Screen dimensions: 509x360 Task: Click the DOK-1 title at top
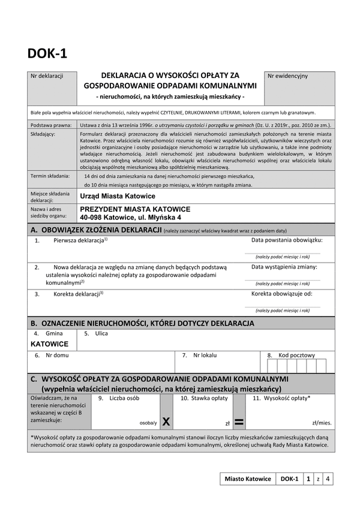tap(47, 53)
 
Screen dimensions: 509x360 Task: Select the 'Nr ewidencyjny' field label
tap(287, 76)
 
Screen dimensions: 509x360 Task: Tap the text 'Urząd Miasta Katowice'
tap(117, 196)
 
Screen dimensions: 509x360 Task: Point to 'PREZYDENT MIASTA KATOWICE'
tap(134, 209)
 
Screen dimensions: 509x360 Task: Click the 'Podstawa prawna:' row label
tap(50, 124)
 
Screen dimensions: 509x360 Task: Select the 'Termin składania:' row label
tap(50, 176)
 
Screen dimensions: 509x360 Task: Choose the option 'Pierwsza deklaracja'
tap(80, 240)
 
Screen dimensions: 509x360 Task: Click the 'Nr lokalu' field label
tap(205, 355)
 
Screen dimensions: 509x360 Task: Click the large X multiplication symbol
tap(166, 422)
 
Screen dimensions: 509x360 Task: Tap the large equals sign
tap(239, 422)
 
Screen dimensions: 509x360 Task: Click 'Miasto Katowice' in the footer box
tap(247, 479)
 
